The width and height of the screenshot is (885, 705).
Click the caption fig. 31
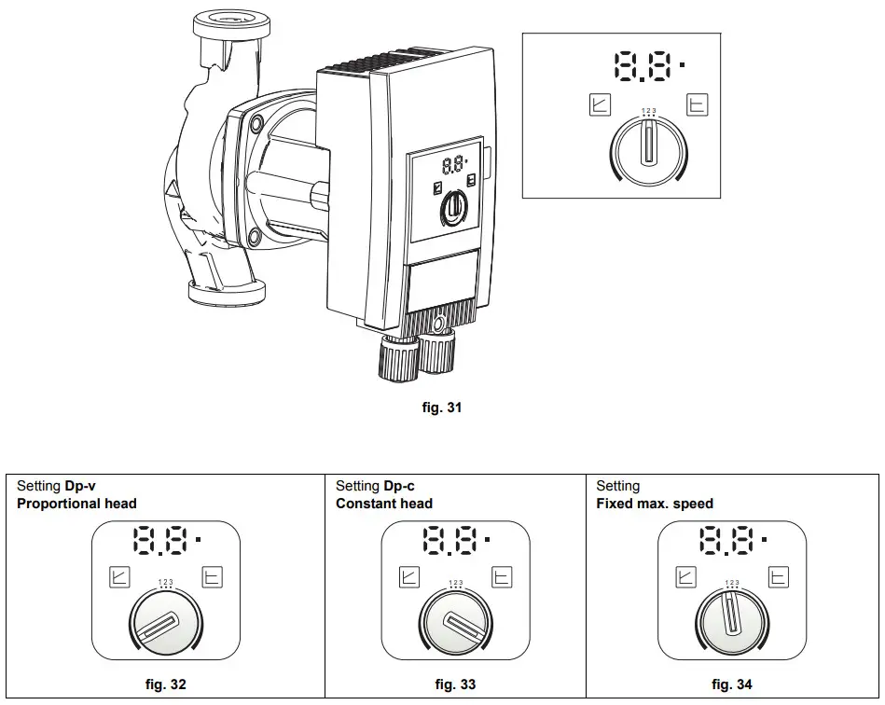pyautogui.click(x=442, y=408)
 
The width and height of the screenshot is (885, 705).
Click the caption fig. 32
pyautogui.click(x=166, y=684)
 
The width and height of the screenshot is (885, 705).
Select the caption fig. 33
pyautogui.click(x=455, y=684)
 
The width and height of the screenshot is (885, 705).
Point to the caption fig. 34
pyautogui.click(x=731, y=684)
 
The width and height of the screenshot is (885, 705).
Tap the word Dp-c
pyautogui.click(x=399, y=486)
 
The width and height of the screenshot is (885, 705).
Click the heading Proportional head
pyautogui.click(x=76, y=504)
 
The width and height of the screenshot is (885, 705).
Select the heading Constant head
pyautogui.click(x=384, y=504)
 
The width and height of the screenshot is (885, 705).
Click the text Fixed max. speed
pyautogui.click(x=655, y=504)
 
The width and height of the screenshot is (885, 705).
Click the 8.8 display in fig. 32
pyautogui.click(x=164, y=540)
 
